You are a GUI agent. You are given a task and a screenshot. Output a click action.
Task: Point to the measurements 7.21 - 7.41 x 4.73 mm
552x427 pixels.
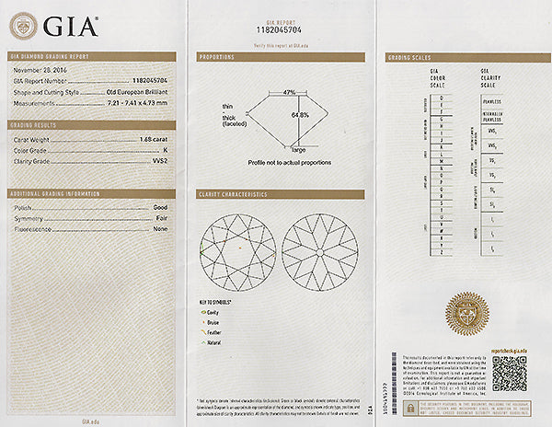point(137,102)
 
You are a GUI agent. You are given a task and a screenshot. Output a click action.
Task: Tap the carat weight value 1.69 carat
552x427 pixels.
point(153,140)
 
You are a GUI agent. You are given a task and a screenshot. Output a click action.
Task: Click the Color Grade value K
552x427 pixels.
point(165,150)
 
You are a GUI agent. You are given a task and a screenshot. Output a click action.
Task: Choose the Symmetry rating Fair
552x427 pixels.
point(161,218)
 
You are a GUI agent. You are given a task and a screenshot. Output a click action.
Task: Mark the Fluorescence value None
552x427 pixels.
point(160,228)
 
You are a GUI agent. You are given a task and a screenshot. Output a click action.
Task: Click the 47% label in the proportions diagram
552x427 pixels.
point(288,93)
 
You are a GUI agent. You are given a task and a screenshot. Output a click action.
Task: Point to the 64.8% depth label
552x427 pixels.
point(300,115)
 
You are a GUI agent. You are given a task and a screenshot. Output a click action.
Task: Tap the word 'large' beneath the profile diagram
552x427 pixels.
point(298,148)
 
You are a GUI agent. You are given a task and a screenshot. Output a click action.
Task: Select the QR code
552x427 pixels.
point(509,373)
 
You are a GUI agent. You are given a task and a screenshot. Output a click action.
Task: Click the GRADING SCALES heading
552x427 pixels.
point(407,57)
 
